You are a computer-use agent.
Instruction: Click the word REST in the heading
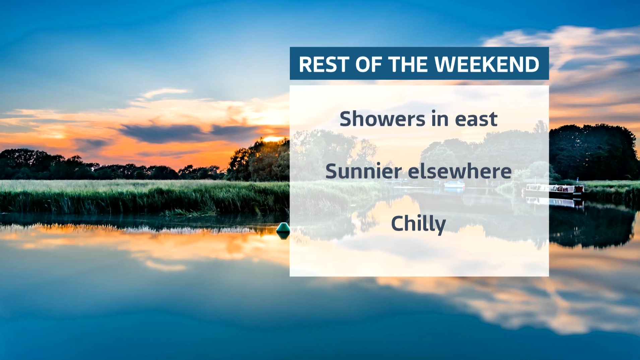(x=324, y=64)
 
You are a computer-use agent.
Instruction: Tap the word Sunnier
(x=364, y=171)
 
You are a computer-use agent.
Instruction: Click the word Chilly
(x=418, y=224)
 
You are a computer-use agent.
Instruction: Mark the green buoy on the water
(x=283, y=228)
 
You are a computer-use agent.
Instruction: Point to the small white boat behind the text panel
(x=454, y=184)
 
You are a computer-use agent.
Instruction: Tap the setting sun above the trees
(x=273, y=138)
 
